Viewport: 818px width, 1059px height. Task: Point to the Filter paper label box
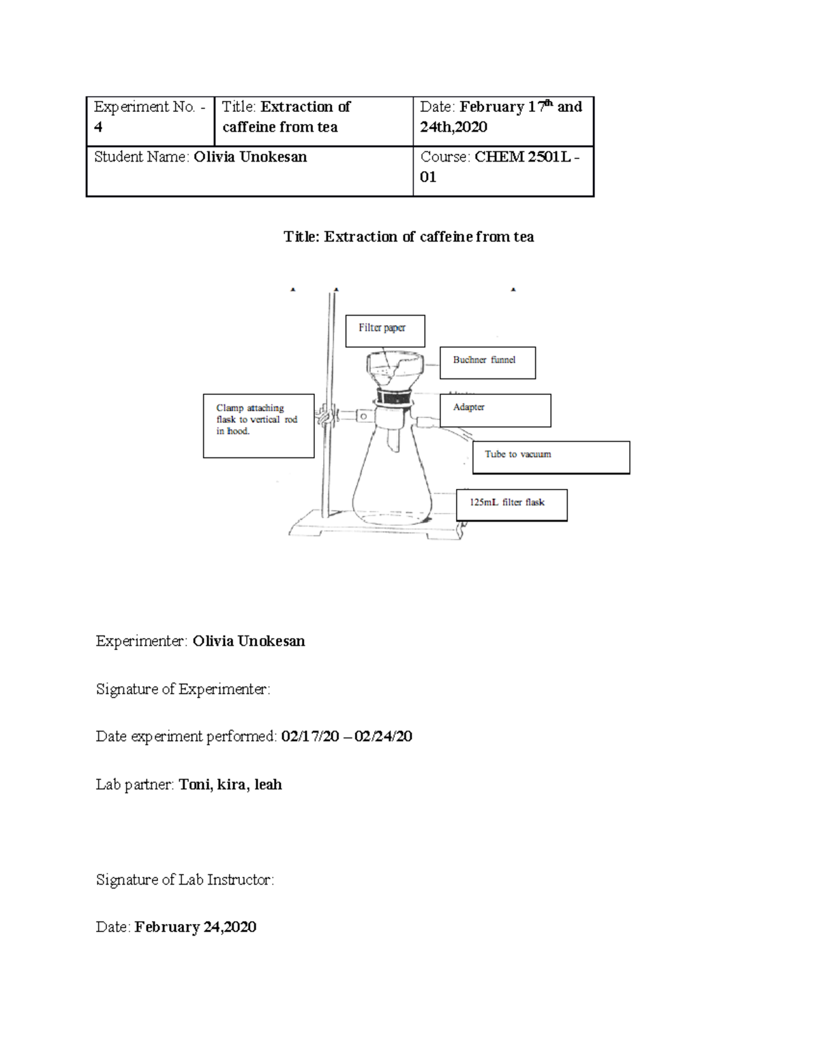point(385,331)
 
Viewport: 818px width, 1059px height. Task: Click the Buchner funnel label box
point(487,363)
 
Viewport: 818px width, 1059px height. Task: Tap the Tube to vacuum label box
point(551,457)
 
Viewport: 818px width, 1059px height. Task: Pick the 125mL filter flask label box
point(511,505)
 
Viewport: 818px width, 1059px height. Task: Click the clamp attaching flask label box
point(258,426)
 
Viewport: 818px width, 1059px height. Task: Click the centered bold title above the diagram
point(408,237)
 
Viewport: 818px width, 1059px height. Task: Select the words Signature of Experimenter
point(183,689)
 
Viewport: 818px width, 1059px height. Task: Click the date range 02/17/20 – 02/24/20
point(346,736)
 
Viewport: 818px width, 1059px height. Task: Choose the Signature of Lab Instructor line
point(185,880)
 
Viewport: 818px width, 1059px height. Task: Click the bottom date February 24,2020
point(195,927)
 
